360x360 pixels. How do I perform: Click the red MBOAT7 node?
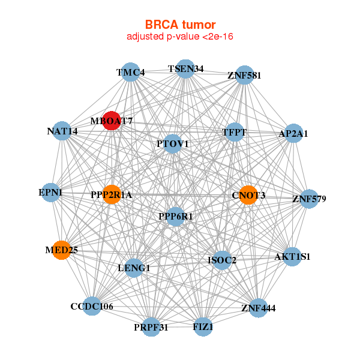tap(112, 121)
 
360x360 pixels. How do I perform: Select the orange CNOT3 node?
tap(248, 195)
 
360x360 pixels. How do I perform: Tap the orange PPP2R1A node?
tap(112, 194)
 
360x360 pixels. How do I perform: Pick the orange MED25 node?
tap(61, 250)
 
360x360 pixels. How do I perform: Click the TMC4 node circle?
tap(131, 73)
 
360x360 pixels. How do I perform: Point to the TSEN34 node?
tap(185, 69)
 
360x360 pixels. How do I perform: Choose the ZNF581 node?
tap(244, 76)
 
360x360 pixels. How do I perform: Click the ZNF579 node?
tap(309, 199)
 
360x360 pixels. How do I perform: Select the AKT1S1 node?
tap(292, 257)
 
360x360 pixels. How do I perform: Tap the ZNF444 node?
tap(259, 308)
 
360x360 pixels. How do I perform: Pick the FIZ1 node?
tap(203, 327)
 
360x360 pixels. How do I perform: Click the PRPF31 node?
tap(151, 327)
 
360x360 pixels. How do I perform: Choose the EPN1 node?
tap(51, 193)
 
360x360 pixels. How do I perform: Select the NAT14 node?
tap(62, 131)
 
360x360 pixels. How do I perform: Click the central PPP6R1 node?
tap(175, 216)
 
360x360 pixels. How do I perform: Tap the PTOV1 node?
tap(173, 144)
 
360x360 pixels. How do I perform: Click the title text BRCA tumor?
tap(180, 25)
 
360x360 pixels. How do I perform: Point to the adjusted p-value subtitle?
tap(180, 37)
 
